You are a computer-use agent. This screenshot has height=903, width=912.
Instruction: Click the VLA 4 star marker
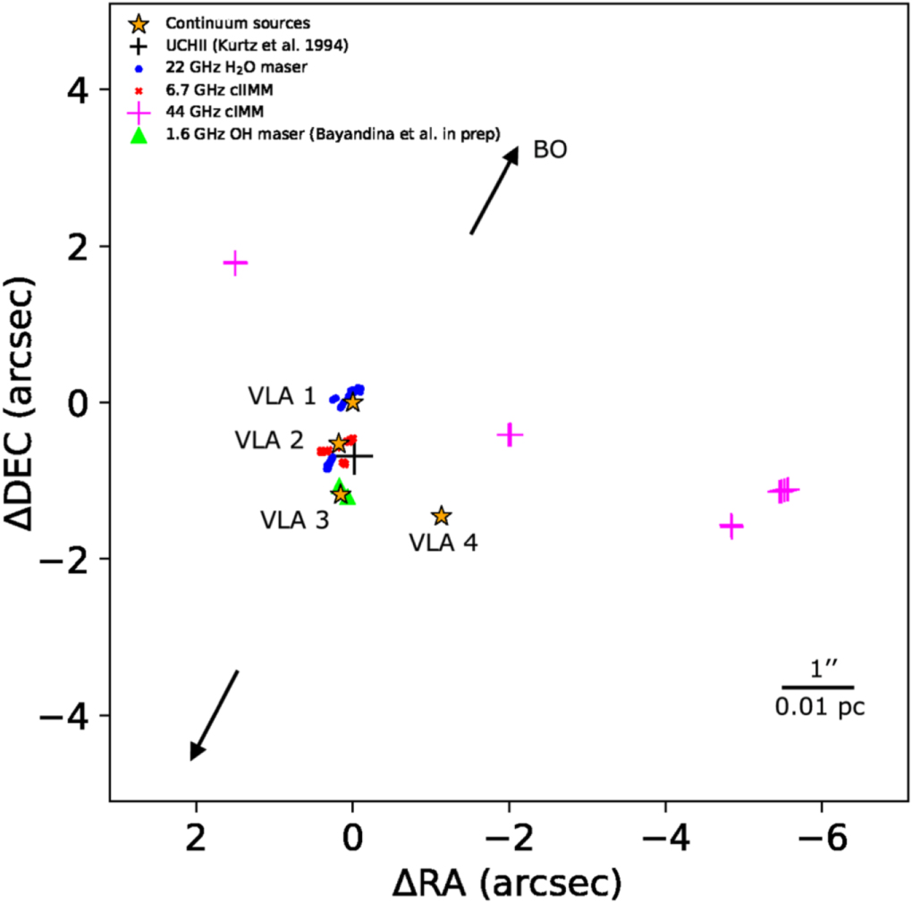441,516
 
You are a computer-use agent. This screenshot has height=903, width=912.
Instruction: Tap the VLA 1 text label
281,396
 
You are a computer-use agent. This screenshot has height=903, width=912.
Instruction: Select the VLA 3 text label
294,519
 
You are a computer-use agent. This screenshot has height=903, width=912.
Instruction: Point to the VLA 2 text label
268,440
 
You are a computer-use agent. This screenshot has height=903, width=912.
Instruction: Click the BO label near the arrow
550,149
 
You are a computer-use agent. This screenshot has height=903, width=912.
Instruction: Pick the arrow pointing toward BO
494,190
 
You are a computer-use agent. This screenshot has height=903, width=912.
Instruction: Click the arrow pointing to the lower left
215,714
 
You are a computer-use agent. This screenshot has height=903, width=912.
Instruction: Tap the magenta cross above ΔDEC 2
235,263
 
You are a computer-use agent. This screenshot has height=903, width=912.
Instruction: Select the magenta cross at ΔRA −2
509,435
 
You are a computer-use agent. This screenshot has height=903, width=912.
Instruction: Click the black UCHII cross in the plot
356,456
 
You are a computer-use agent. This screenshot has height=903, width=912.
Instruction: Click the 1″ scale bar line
817,687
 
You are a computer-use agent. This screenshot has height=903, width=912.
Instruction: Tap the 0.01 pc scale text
820,708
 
